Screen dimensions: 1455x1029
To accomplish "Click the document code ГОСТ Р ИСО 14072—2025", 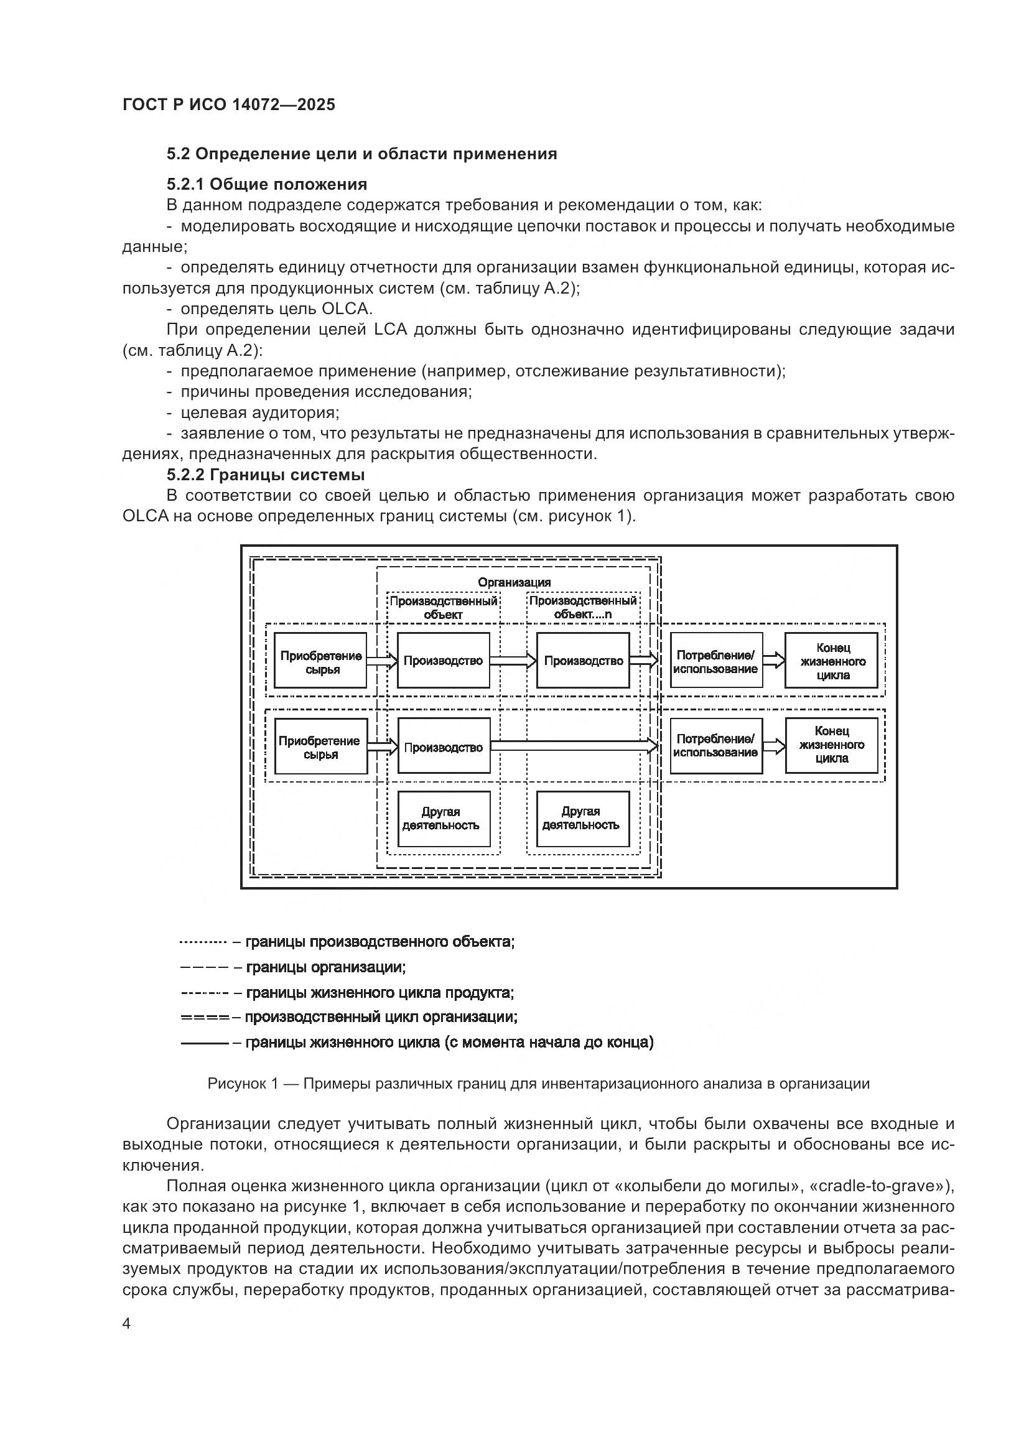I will tap(229, 105).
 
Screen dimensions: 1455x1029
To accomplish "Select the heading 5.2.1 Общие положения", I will tap(267, 184).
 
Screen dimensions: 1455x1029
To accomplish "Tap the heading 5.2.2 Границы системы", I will tap(266, 475).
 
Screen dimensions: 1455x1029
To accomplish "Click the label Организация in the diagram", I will tap(514, 582).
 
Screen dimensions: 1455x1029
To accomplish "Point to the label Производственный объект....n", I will tap(583, 607).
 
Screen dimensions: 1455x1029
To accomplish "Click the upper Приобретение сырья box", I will tap(320, 661).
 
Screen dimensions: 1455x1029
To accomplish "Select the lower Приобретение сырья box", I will tap(320, 746).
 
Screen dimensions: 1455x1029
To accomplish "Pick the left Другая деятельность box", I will tap(444, 818).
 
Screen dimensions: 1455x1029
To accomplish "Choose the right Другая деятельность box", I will tap(583, 818).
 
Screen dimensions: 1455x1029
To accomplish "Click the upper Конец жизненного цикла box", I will tap(831, 661).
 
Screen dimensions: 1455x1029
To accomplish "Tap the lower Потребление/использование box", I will tap(716, 746).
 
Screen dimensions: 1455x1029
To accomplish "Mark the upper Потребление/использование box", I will tap(716, 661).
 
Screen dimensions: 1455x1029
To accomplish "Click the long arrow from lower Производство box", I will tap(574, 746).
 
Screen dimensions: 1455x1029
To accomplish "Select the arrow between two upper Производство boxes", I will tap(513, 661).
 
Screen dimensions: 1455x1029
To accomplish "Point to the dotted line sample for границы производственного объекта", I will tap(203, 942).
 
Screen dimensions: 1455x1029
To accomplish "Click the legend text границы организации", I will tap(325, 967).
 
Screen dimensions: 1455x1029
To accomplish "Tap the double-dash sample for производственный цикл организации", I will tap(205, 1017).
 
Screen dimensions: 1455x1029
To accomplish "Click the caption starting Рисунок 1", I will tap(538, 1083).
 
